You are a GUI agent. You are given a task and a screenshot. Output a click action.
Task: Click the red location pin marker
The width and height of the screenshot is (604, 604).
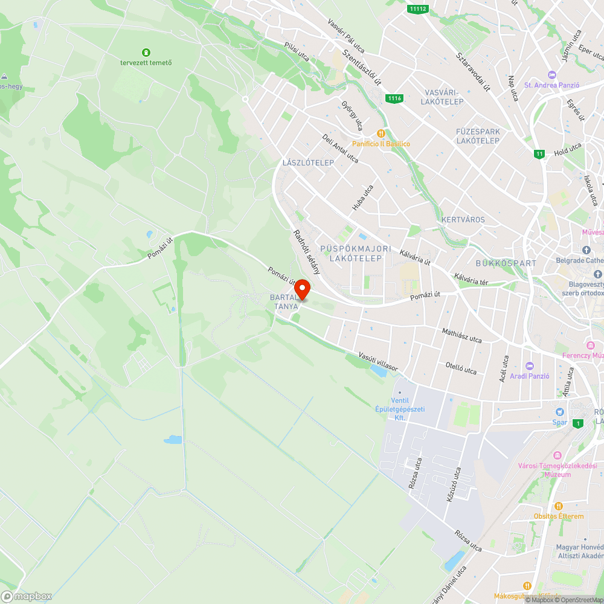[x=301, y=289]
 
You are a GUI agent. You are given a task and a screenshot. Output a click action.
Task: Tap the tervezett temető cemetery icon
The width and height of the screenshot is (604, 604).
[x=146, y=53]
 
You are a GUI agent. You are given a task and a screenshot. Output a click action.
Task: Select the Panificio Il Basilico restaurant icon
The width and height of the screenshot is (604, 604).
[x=381, y=133]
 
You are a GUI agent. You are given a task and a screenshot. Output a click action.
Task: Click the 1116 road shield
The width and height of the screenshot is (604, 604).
[x=394, y=98]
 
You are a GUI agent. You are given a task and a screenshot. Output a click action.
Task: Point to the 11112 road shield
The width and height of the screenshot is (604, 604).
[x=418, y=8]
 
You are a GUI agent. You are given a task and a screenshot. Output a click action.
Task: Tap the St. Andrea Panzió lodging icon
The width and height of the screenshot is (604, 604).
[x=551, y=74]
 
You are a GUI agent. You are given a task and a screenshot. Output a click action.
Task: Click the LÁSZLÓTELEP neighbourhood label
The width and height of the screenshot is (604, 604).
[x=308, y=163]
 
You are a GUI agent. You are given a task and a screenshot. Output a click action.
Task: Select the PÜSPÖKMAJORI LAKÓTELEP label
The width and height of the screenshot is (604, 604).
[x=356, y=254]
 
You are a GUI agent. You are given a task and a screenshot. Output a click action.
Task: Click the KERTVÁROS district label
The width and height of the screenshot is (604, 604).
[x=463, y=219]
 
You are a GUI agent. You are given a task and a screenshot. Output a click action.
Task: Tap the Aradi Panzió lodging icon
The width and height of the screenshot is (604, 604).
[x=530, y=366]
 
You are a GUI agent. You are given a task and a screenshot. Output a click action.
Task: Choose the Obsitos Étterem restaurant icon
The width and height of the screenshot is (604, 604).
[x=559, y=506]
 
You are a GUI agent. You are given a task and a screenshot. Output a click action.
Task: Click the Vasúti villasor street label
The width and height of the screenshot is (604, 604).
[x=378, y=361]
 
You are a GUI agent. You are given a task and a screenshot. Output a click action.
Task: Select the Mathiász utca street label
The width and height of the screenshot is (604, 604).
[x=462, y=335]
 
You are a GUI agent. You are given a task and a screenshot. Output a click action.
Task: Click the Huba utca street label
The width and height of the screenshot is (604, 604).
[x=363, y=198]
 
